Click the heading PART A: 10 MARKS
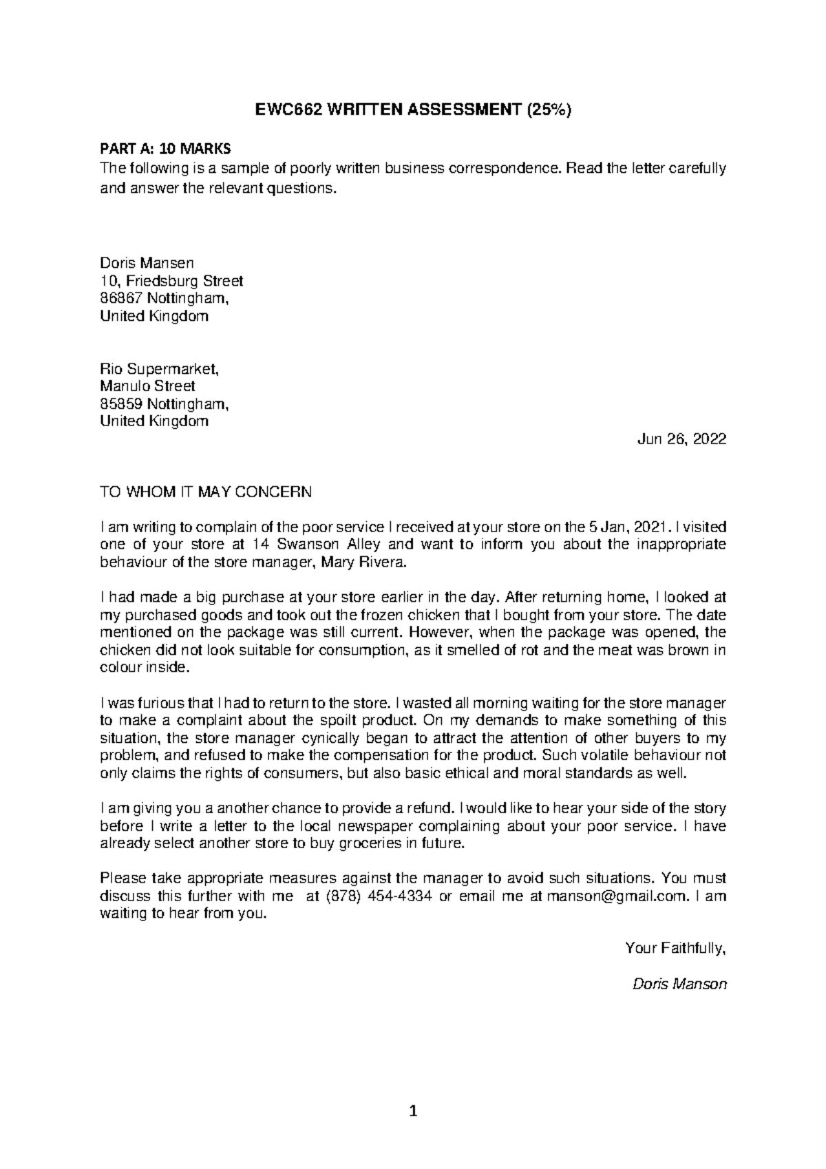166,149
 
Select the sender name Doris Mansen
147,263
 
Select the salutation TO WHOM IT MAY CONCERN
206,492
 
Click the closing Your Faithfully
675,949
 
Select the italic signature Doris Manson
679,984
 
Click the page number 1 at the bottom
413,1110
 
